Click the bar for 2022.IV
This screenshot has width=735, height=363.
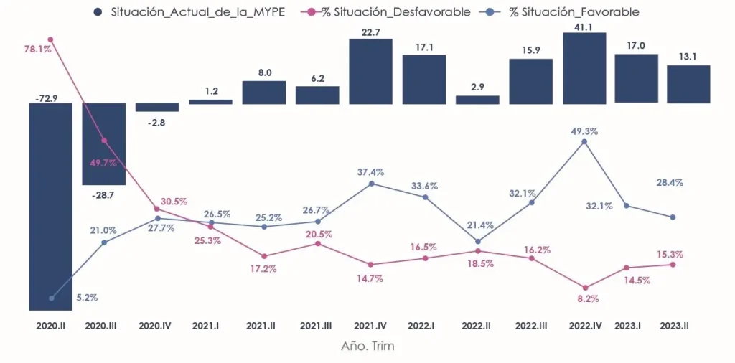point(584,67)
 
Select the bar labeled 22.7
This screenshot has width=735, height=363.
point(370,71)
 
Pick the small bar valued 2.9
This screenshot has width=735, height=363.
point(477,100)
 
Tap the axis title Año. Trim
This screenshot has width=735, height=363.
point(367,346)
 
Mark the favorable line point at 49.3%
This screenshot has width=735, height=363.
point(584,141)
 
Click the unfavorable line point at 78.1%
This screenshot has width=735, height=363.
point(50,39)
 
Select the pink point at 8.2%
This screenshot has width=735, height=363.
point(584,288)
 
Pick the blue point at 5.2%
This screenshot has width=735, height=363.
point(51,298)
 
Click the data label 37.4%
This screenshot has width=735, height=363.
point(370,172)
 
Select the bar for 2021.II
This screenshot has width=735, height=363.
point(263,93)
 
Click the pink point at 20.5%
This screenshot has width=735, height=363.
point(317,244)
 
